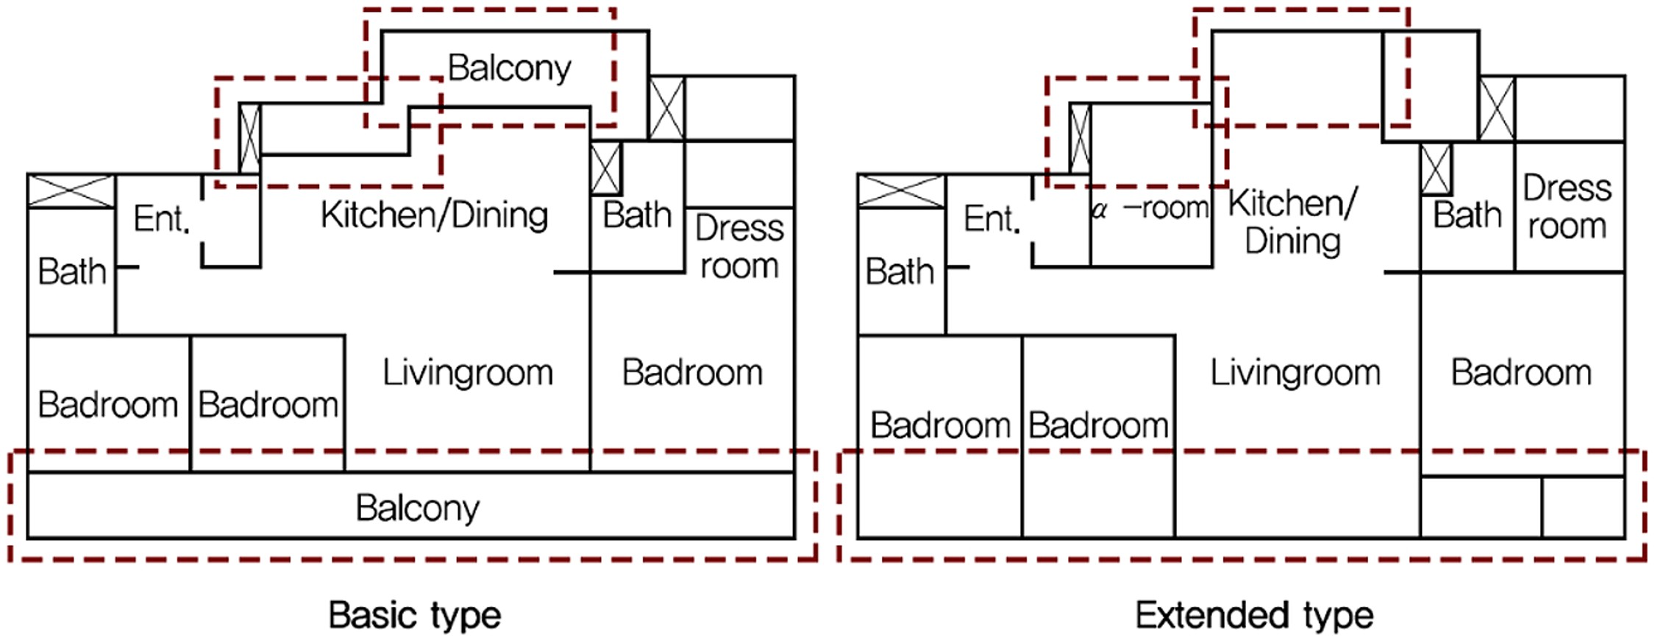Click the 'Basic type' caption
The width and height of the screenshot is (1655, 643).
(415, 615)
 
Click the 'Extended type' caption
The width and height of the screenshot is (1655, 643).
(1254, 615)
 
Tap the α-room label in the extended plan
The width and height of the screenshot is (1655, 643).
(1150, 209)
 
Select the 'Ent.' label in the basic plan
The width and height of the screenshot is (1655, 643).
(161, 219)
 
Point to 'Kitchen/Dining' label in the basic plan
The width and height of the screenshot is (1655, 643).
(435, 216)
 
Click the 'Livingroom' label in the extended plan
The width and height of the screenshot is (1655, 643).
(1295, 373)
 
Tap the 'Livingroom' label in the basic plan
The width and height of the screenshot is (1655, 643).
(468, 373)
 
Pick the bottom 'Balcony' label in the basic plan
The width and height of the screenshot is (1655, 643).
(418, 508)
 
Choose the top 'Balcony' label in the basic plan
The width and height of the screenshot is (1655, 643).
(509, 68)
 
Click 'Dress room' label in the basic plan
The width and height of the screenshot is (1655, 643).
(739, 246)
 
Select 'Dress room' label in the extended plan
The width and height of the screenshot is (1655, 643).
(1567, 207)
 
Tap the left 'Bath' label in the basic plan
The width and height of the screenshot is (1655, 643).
(72, 271)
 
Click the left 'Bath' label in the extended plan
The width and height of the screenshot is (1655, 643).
(900, 271)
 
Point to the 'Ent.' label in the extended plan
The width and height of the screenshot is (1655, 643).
(992, 219)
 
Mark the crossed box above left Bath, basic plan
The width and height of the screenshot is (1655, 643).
(71, 191)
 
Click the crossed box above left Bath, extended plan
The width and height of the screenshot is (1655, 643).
(902, 191)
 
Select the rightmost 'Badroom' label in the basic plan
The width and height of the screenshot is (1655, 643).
(692, 373)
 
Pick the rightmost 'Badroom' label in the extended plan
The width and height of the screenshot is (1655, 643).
(1521, 373)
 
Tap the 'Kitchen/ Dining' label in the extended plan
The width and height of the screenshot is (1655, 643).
(1293, 222)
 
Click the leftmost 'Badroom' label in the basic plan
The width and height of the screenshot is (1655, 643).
(108, 405)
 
